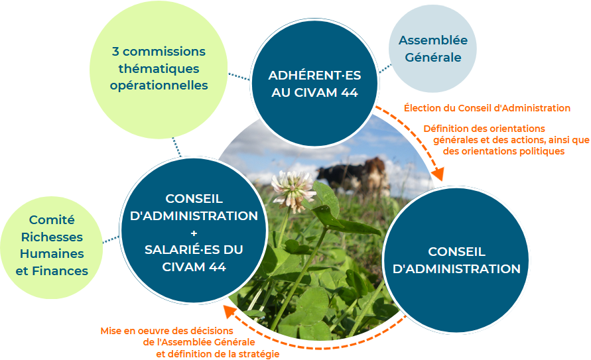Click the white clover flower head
tap(293, 190)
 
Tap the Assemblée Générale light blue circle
tap(432, 48)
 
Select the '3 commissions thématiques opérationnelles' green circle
tap(159, 70)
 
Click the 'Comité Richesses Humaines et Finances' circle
tap(52, 247)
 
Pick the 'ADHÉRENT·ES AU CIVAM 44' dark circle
tap(314, 83)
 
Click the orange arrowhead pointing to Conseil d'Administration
tap(438, 174)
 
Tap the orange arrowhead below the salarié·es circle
tap(230, 311)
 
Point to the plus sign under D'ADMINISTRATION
tap(194, 233)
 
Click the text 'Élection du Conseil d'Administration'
tap(487, 108)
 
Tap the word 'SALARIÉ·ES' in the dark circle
tap(174, 249)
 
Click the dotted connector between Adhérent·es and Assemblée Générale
tap(385, 69)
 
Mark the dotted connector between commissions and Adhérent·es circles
tap(239, 76)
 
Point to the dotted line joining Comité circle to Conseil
tap(111, 239)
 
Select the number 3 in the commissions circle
tap(115, 52)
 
